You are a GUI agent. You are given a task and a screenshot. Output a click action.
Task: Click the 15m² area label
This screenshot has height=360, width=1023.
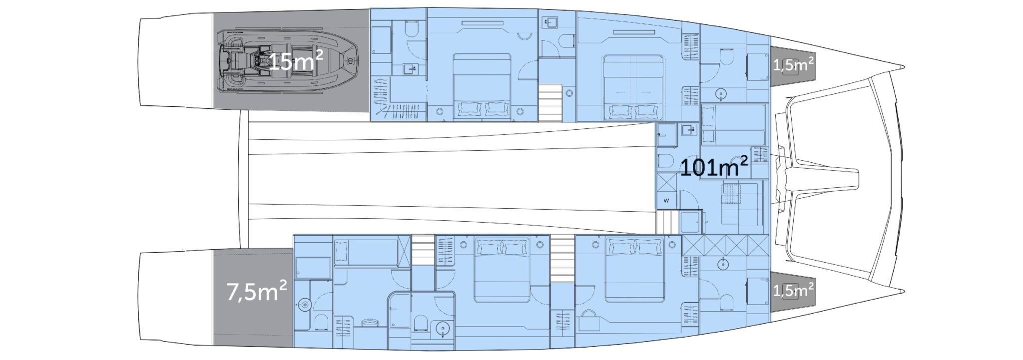pos(296,61)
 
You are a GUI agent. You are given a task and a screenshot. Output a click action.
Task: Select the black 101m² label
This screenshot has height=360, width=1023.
pos(714,168)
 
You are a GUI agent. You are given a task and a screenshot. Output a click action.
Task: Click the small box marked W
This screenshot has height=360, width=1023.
pos(666,201)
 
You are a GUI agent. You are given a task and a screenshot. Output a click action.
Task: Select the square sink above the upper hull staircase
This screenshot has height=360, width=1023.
pos(551,21)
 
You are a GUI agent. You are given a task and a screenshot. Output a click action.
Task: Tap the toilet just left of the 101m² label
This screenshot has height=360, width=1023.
pos(665,161)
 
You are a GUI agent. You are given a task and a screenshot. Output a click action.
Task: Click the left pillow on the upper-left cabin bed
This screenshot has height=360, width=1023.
pos(468,107)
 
